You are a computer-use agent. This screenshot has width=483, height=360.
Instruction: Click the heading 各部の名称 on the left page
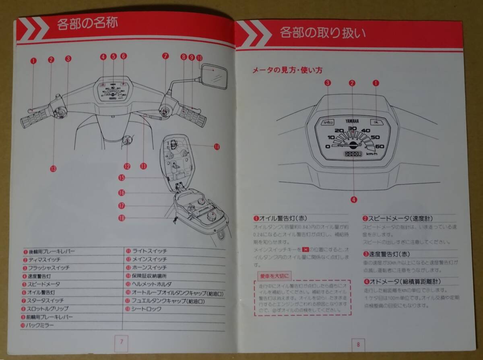[x=87, y=23]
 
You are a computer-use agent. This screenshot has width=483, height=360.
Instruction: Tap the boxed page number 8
[x=357, y=344]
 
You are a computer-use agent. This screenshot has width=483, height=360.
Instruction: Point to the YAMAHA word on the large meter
[x=353, y=121]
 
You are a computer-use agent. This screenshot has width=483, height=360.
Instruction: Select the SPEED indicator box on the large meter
[x=328, y=122]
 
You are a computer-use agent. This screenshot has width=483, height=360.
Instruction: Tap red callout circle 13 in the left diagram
[x=54, y=169]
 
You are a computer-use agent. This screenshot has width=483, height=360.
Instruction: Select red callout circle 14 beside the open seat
[x=217, y=147]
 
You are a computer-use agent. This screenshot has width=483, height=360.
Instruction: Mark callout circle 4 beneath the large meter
[x=353, y=199]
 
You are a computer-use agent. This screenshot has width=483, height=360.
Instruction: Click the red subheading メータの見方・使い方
[x=287, y=70]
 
